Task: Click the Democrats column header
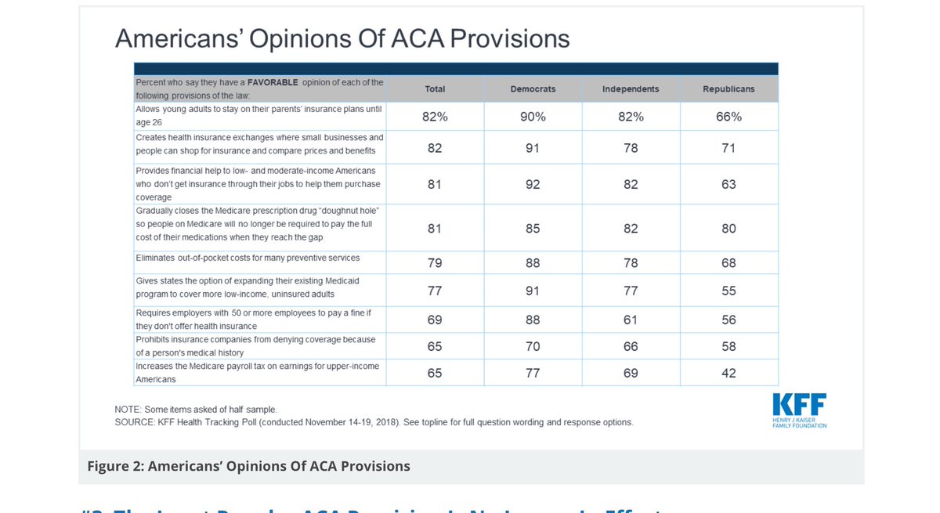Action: tap(533, 89)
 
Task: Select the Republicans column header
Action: tap(728, 89)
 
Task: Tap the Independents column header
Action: tap(631, 89)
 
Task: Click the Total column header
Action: tap(435, 89)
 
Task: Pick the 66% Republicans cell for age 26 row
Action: tap(728, 117)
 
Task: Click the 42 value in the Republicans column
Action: tap(728, 374)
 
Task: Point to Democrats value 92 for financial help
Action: tap(533, 185)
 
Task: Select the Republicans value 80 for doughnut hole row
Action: tap(728, 229)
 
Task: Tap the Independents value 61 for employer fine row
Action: tap(631, 320)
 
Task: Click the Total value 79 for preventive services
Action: tap(435, 263)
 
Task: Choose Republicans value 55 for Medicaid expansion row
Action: tap(728, 291)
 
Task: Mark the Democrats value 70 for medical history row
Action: tap(533, 347)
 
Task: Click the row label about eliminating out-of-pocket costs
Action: tap(248, 258)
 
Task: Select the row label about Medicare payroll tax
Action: tap(257, 373)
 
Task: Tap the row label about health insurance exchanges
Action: tap(259, 144)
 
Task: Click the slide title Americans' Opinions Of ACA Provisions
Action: tap(342, 39)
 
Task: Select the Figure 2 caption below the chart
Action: tap(248, 467)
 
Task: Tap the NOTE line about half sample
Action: tap(196, 410)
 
